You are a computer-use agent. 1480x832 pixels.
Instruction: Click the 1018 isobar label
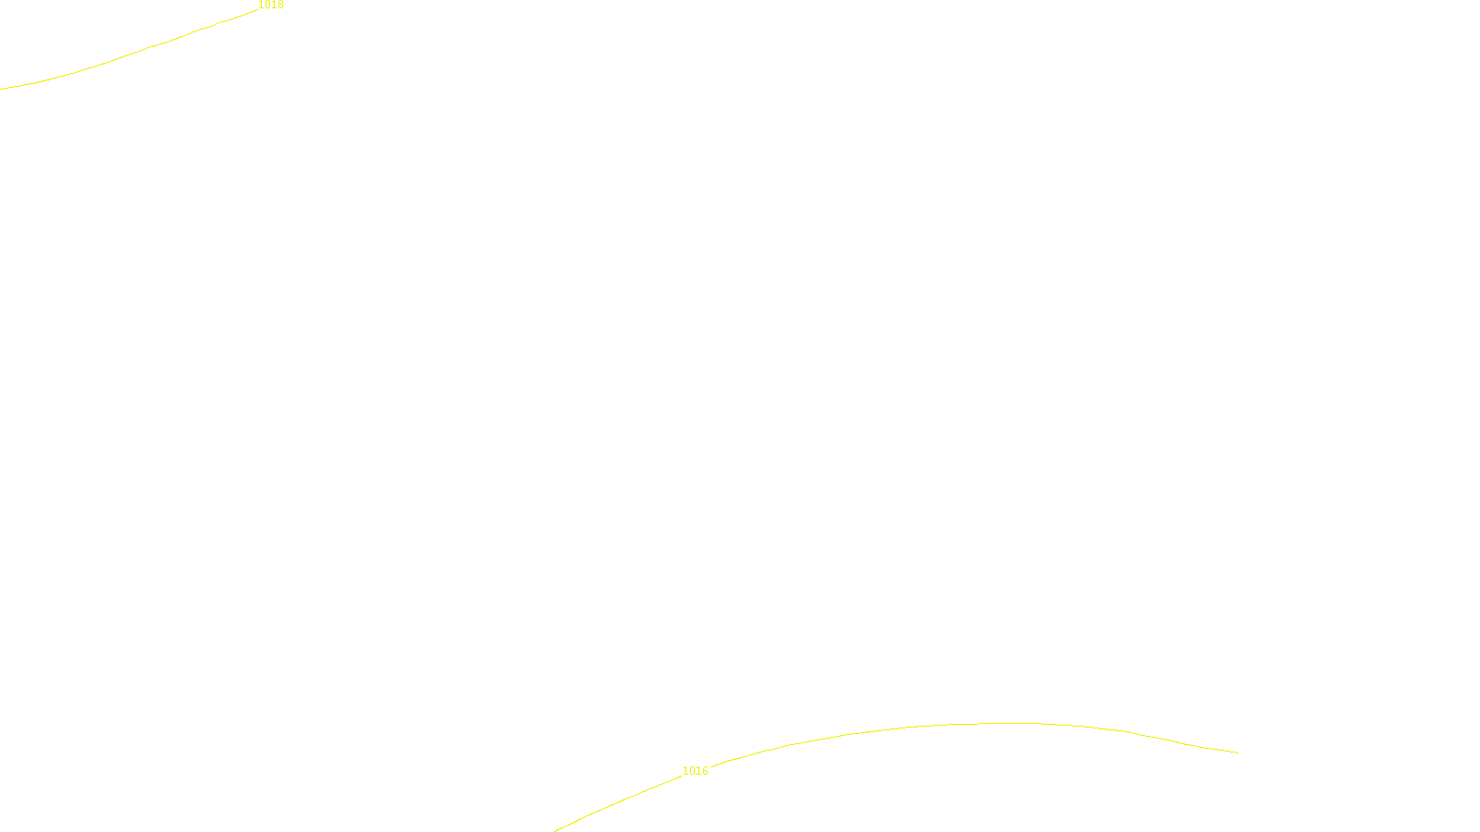coord(271,6)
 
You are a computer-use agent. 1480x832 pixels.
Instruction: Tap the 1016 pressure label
coord(696,771)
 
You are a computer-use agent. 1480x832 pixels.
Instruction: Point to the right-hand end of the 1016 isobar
coord(1238,752)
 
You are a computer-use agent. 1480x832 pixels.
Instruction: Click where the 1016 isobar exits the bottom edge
coord(555,830)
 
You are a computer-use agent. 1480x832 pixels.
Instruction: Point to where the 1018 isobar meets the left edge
coord(1,89)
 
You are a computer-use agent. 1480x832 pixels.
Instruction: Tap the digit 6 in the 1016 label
coord(705,771)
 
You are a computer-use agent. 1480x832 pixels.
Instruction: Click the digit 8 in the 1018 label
coord(280,6)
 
